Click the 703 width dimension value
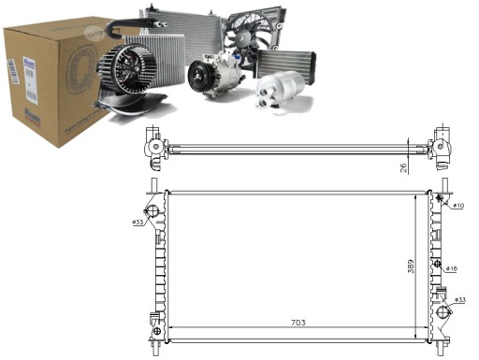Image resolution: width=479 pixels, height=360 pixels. click(x=298, y=324)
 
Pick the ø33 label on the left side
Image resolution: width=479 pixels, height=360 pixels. click(x=138, y=223)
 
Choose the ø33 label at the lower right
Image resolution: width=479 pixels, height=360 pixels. click(x=459, y=300)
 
